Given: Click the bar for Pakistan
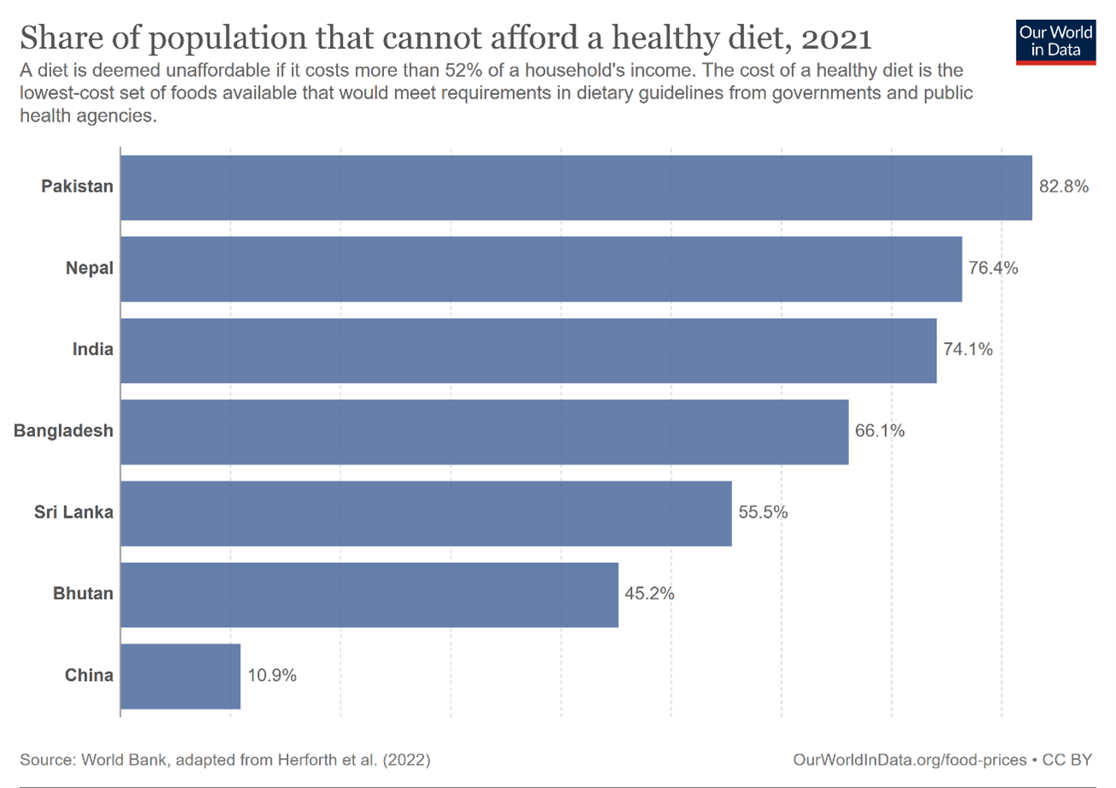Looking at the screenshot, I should coord(576,187).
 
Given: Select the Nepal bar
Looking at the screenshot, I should coord(540,269).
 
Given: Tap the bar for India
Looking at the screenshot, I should coord(528,350).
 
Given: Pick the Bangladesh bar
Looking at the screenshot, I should coord(484,431).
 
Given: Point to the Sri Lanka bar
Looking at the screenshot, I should coord(426,512).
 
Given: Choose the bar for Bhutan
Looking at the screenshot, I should coord(369,594).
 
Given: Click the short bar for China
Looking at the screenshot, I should coord(180,676).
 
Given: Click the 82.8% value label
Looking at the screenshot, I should coord(1064,187).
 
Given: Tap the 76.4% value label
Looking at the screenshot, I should coord(994,269).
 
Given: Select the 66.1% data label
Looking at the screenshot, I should coord(880,431).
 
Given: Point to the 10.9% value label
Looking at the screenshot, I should coord(272,676).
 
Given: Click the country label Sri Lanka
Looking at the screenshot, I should coord(74,512).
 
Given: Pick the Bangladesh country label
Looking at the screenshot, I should coord(63,431).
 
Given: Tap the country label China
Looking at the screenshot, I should coord(89,676).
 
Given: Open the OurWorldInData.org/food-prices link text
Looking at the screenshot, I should coord(909,759).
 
